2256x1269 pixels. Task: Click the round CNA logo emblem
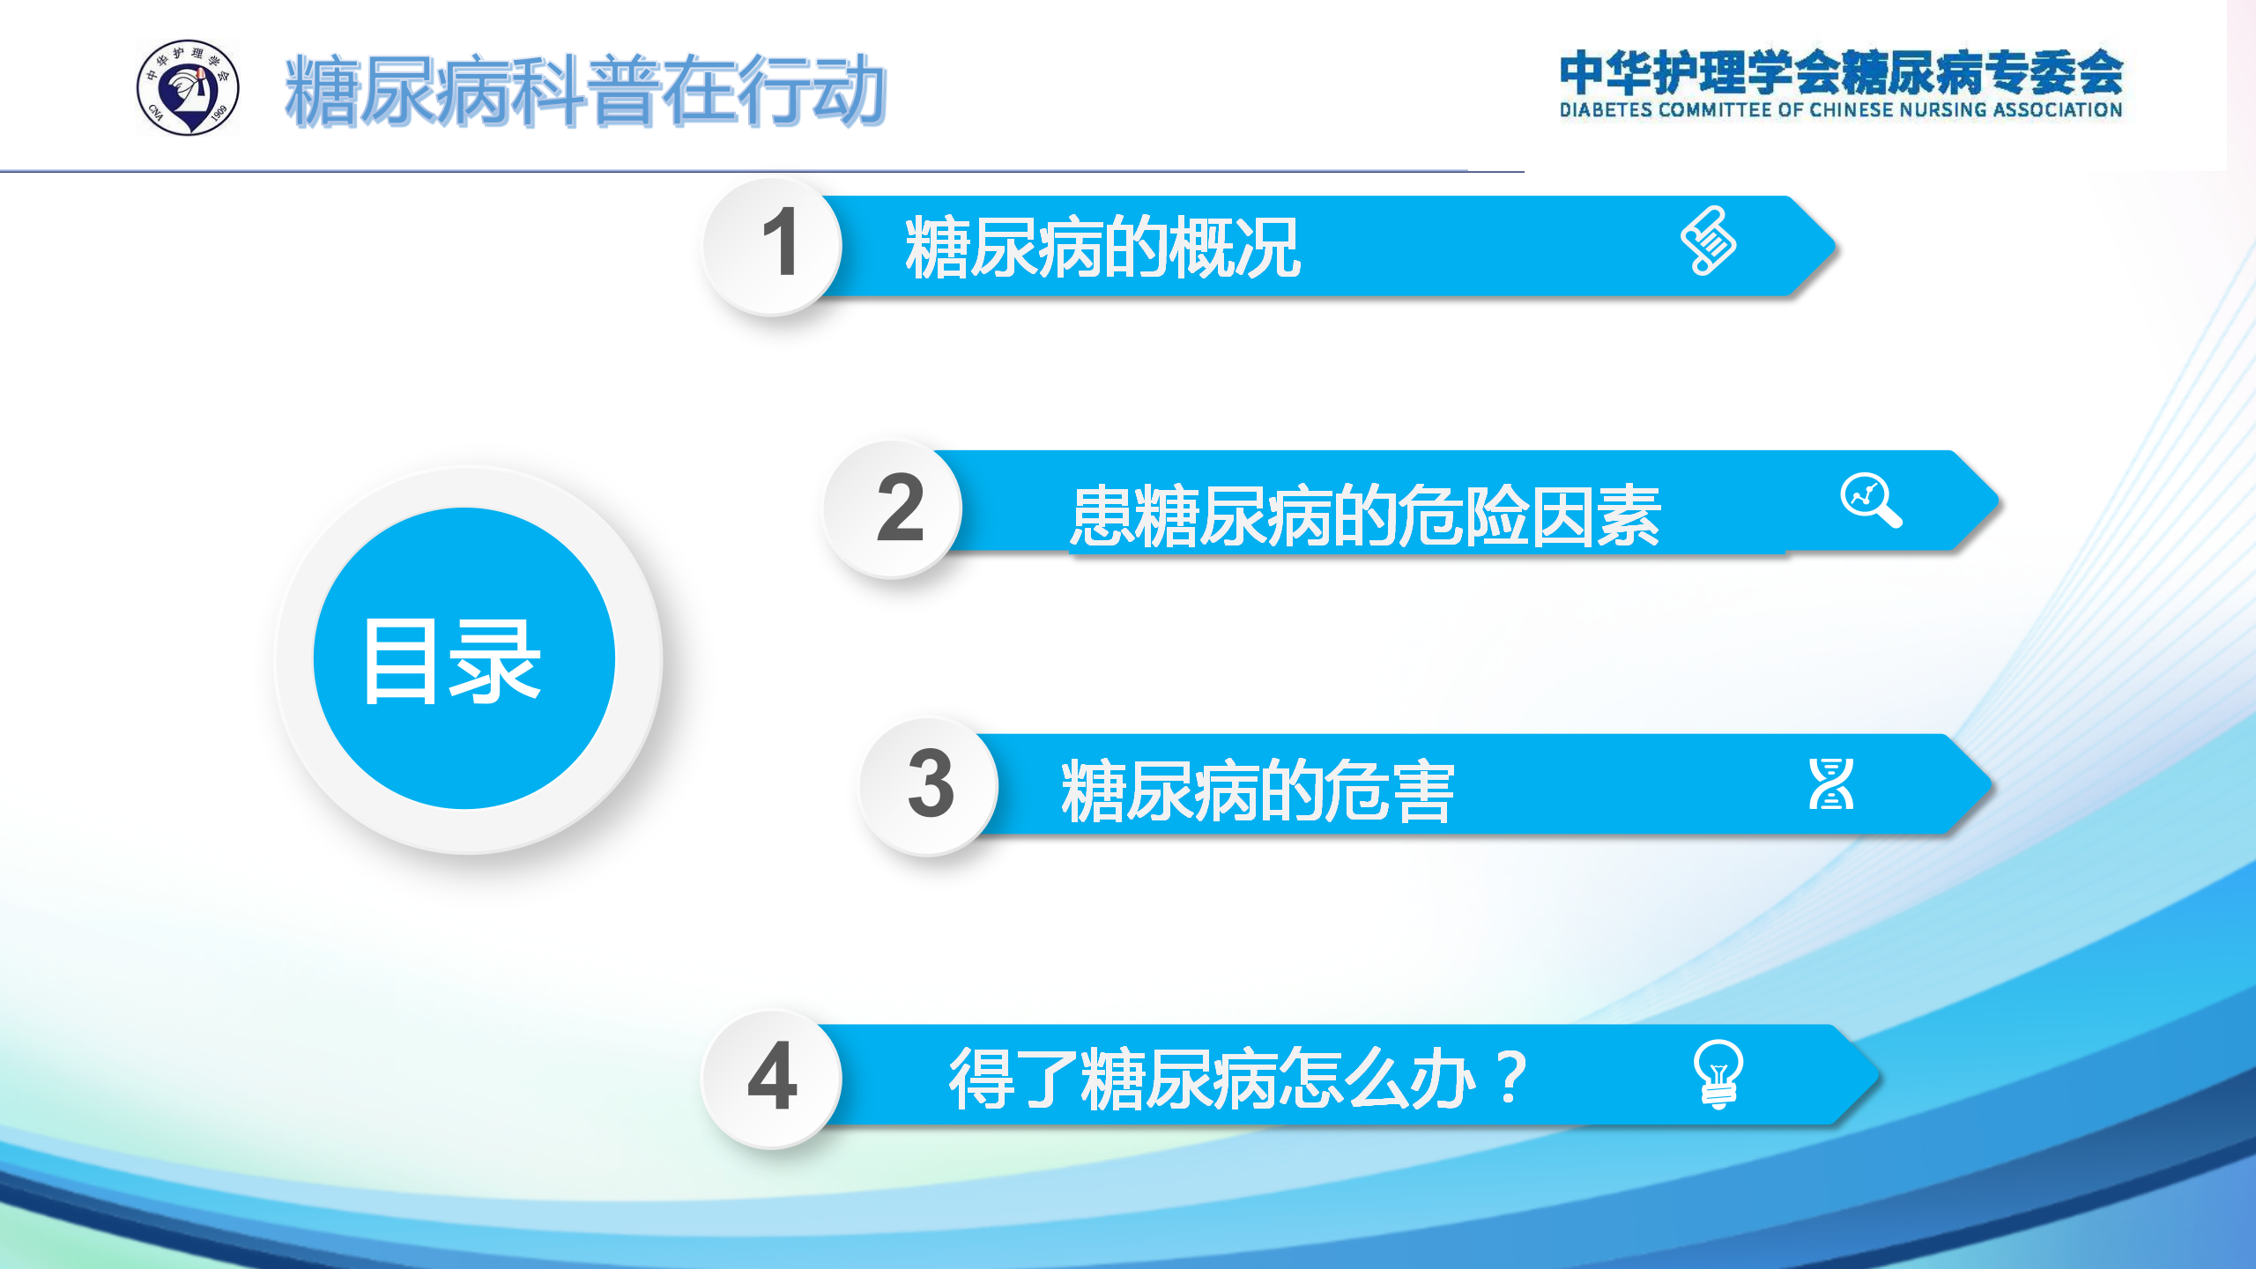click(x=188, y=87)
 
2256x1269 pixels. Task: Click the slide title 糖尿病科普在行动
click(x=585, y=91)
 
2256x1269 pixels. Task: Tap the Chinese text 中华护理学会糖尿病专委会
click(x=1841, y=72)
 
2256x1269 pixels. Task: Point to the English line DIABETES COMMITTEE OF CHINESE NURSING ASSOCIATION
click(x=1841, y=110)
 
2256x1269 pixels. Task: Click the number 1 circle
click(x=773, y=246)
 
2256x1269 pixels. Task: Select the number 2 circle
click(x=894, y=509)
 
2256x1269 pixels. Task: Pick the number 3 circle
click(x=929, y=786)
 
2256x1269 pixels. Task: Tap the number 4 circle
click(x=772, y=1079)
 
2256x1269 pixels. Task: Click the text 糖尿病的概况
click(x=1102, y=248)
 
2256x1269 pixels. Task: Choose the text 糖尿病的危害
click(x=1258, y=791)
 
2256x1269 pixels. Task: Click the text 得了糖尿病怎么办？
click(x=1238, y=1078)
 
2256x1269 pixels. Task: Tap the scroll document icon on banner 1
click(x=1708, y=241)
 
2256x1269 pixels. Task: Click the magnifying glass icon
click(x=1871, y=501)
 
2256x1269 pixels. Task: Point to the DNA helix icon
click(x=1831, y=783)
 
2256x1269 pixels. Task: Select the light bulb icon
click(x=1718, y=1073)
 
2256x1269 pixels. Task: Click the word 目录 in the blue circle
click(x=452, y=661)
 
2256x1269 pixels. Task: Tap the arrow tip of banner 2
click(x=1997, y=501)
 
